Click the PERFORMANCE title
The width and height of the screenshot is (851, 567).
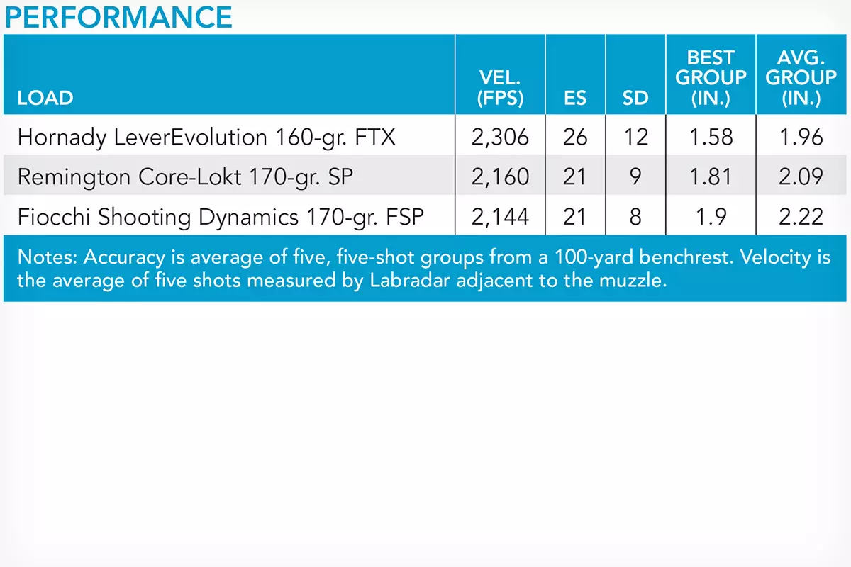pos(118,17)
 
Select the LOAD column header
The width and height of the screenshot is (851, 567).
pos(45,98)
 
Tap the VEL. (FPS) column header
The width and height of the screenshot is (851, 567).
pos(500,88)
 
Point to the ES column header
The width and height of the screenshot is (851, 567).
pos(575,98)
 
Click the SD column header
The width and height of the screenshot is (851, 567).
pos(635,98)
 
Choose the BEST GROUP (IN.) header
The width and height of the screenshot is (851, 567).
pos(711,78)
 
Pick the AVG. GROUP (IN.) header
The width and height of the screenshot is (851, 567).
pos(801,78)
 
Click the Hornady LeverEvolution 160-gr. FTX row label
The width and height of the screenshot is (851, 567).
pos(206,137)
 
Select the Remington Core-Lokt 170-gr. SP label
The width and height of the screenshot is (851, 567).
pos(185,176)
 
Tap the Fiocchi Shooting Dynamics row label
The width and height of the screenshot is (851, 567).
pos(221,217)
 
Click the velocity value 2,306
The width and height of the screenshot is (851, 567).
pos(500,137)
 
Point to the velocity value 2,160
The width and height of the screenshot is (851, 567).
pos(500,176)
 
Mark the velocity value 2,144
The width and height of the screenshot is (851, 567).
pos(500,217)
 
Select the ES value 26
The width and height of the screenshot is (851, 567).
pos(575,137)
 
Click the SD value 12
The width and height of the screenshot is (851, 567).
pos(635,137)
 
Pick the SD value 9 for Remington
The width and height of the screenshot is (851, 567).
pos(635,176)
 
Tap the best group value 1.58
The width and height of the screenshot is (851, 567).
pos(711,137)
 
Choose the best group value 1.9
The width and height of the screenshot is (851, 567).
pos(711,217)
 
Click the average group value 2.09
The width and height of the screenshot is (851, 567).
pos(801,176)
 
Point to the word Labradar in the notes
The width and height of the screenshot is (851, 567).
pos(410,280)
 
